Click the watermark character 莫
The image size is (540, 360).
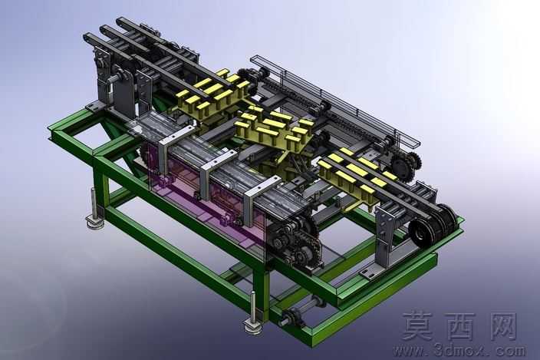pos(420,326)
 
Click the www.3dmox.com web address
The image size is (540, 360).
pos(459,351)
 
